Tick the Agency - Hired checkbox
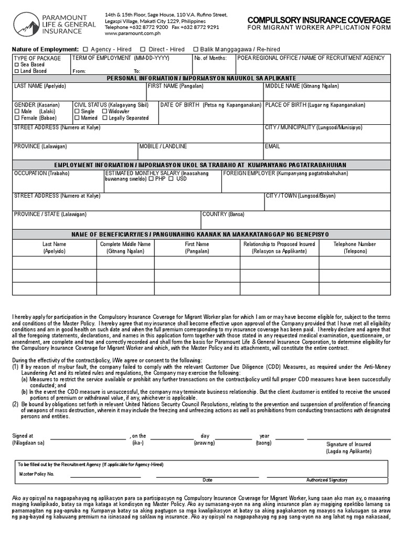click(86, 49)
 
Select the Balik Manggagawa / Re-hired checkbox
click(195, 49)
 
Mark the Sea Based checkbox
click(17, 65)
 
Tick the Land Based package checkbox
click(17, 71)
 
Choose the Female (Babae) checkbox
click(17, 118)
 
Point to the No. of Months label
click(210, 58)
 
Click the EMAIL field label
click(272, 146)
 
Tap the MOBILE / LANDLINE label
click(163, 146)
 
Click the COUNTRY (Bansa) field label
click(224, 214)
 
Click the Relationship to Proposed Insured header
click(279, 244)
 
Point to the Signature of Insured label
click(348, 444)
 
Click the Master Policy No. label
click(37, 474)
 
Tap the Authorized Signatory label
click(327, 480)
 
